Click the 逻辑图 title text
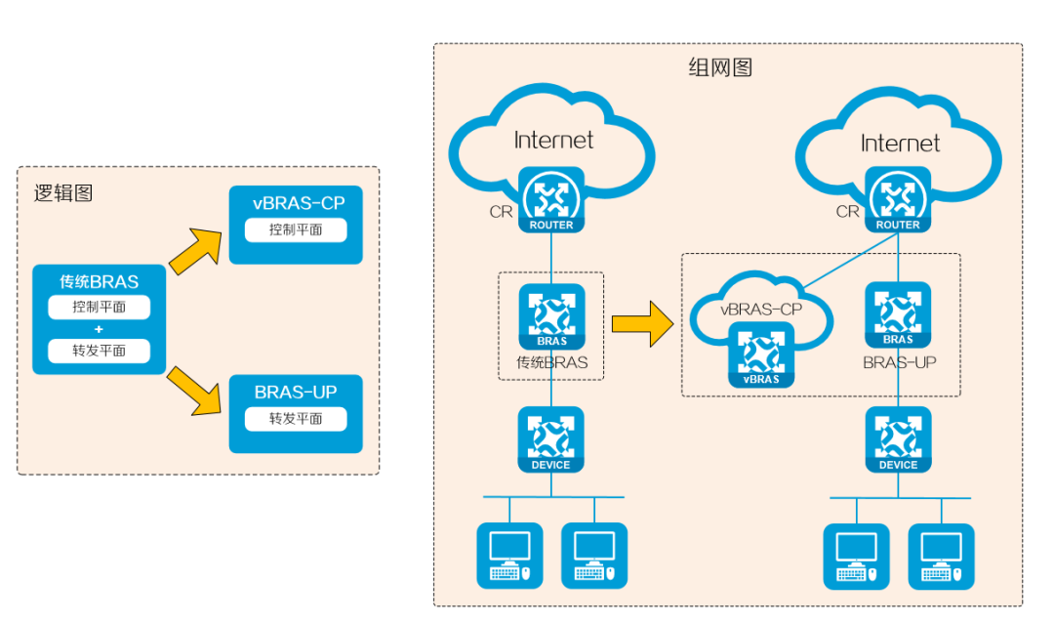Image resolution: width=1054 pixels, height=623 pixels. pos(63,193)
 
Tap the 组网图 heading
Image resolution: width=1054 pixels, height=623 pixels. pos(720,67)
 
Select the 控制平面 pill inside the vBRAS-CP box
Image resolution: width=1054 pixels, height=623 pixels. pos(296,230)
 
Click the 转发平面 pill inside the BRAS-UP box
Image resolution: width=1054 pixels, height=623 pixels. pos(296,419)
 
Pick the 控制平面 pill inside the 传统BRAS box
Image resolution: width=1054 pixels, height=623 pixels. pos(99,308)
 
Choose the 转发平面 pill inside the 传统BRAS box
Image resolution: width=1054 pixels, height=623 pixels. pos(99,352)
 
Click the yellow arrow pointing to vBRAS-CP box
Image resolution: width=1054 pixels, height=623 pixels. pos(195,251)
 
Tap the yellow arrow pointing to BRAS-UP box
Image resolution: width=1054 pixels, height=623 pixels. pos(194,391)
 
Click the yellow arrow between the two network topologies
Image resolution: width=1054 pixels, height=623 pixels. pos(642,324)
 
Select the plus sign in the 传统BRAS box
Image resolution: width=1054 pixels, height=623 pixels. pos(99,330)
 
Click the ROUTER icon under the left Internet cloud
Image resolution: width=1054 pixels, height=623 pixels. pos(551,200)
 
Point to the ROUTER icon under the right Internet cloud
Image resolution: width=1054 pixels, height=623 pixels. pos(898,200)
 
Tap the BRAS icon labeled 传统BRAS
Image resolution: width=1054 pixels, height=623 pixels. pos(551,316)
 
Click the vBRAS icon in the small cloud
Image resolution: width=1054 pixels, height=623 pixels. pos(761,354)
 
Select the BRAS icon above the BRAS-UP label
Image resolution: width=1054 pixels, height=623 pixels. pos(898,314)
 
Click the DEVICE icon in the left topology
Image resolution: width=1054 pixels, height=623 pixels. pos(551,439)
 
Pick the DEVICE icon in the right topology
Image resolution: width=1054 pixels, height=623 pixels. pos(898,439)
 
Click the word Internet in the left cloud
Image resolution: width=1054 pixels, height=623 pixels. pos(553,140)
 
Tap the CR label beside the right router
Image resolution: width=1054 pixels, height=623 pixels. pos(848,212)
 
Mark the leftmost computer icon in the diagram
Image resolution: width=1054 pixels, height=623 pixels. pos(509,556)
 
